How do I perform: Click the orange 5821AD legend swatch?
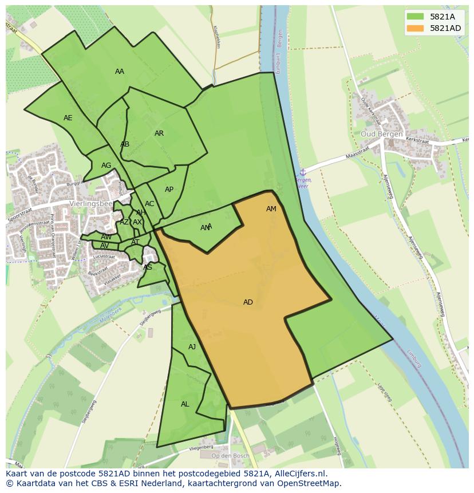pyautogui.click(x=416, y=28)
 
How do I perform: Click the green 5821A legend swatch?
pyautogui.click(x=416, y=16)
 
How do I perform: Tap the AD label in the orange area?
pyautogui.click(x=248, y=302)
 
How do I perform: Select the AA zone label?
pyautogui.click(x=120, y=72)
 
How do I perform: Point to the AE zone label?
pyautogui.click(x=68, y=118)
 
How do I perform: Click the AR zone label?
pyautogui.click(x=159, y=133)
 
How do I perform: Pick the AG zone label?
pyautogui.click(x=106, y=165)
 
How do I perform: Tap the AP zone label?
pyautogui.click(x=169, y=190)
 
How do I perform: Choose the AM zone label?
pyautogui.click(x=271, y=209)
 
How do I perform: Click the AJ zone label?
pyautogui.click(x=192, y=347)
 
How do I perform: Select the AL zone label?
pyautogui.click(x=185, y=404)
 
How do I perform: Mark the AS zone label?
pyautogui.click(x=148, y=267)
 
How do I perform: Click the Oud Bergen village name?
pyautogui.click(x=381, y=134)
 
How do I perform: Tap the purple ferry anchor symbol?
pyautogui.click(x=303, y=172)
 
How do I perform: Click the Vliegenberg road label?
pyautogui.click(x=202, y=447)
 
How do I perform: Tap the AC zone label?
pyautogui.click(x=149, y=204)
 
